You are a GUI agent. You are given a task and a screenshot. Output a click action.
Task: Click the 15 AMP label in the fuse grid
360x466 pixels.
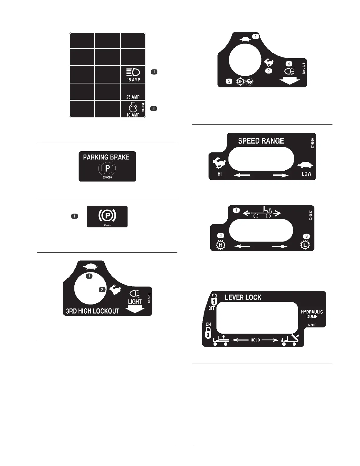pos(133,80)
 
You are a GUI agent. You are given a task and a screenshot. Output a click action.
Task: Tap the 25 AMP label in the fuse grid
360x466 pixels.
pos(133,97)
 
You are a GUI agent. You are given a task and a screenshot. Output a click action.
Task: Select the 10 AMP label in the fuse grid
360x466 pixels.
pos(133,115)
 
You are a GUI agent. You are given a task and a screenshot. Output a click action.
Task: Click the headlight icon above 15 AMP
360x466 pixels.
pos(133,72)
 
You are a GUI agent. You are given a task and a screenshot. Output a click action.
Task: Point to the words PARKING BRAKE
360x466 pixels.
pos(106,157)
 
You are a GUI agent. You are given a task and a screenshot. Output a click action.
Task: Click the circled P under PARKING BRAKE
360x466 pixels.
pos(107,168)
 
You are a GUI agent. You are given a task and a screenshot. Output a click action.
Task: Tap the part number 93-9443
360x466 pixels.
pos(107,225)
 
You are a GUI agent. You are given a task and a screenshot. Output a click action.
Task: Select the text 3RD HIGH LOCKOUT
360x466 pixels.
pos(93,311)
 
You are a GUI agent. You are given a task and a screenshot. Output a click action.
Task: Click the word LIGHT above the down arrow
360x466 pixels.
pos(135,302)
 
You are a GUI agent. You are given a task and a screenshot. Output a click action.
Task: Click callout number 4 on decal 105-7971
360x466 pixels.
pos(289,64)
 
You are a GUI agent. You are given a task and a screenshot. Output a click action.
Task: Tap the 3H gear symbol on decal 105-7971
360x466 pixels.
pos(241,81)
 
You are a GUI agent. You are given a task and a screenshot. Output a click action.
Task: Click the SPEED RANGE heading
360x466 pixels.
pos(261,141)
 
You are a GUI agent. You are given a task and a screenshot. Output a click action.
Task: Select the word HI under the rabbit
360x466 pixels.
pos(219,174)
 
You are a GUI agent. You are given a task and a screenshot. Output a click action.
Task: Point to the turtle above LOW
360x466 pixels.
pos(306,165)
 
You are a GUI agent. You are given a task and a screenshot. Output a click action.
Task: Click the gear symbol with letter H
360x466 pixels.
pos(221,245)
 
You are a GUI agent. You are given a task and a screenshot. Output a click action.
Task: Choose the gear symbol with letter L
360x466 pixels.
pos(305,245)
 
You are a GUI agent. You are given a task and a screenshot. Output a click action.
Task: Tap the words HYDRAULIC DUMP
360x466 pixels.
pos(312,314)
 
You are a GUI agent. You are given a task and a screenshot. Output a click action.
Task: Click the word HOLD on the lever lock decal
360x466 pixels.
pos(255,340)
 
